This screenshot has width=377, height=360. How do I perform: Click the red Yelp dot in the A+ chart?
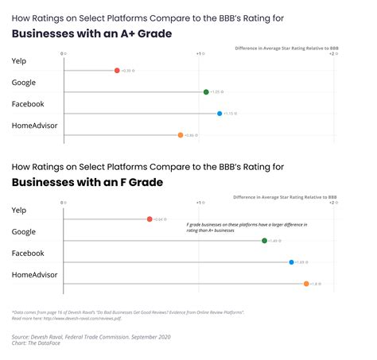coord(117,71)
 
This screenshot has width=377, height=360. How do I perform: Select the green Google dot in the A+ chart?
coord(206,92)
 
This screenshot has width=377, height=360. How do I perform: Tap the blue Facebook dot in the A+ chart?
coord(220,114)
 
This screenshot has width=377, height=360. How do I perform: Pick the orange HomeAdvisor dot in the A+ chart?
coord(181,135)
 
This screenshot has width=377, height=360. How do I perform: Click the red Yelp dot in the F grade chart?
coord(150,219)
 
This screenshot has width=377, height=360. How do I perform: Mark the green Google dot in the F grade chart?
coord(264,240)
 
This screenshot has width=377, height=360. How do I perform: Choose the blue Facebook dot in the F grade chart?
coord(292,261)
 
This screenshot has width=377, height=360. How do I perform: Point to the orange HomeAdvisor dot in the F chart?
coord(306,283)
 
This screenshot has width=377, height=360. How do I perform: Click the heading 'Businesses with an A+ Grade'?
coord(91,33)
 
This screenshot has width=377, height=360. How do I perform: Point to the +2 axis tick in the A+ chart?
coord(332,54)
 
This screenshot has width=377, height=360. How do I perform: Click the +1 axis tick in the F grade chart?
coord(199,203)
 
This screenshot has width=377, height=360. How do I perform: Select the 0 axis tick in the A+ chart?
coord(63,54)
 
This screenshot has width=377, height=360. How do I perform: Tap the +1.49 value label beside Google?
coord(275,241)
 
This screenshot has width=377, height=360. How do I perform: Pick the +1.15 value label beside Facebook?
coord(230,114)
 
